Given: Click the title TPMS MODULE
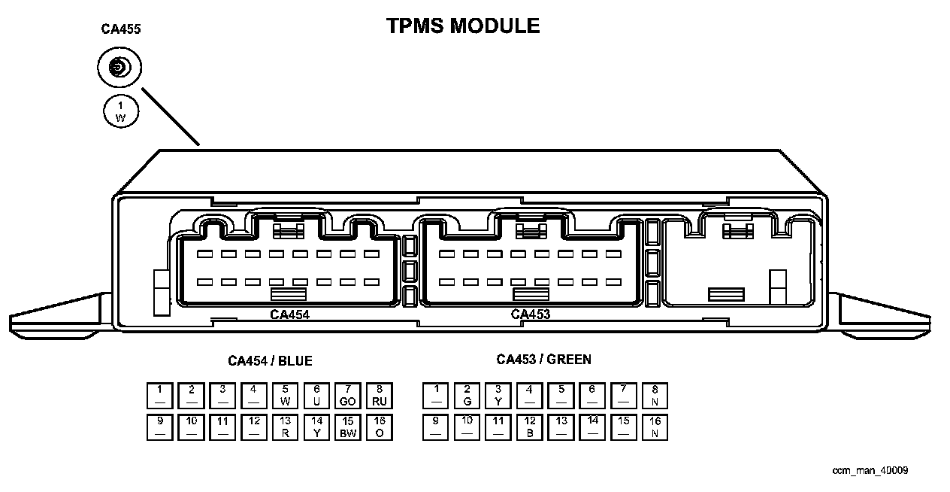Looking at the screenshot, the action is [463, 26].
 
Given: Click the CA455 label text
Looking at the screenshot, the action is [121, 30].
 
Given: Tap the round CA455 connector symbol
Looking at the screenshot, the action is [120, 69].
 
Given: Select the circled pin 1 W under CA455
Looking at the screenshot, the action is [121, 111].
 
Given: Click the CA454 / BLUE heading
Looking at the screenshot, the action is [270, 361].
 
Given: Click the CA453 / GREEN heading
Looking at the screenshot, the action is [543, 360].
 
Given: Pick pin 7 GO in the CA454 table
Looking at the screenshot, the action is [348, 396].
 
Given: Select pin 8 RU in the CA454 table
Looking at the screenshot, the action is [380, 396].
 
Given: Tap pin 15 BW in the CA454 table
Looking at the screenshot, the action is [348, 427].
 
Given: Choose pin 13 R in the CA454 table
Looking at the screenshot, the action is [285, 427].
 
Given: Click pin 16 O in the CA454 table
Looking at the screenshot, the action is [380, 427].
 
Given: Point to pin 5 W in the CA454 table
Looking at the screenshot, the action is [285, 396].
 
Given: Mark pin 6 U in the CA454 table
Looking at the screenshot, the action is [316, 396].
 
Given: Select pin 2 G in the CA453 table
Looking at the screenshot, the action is [467, 396].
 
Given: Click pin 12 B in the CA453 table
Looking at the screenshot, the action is [530, 427].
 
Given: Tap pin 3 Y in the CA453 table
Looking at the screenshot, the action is [498, 396].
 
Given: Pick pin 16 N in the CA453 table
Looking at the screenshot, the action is [655, 427].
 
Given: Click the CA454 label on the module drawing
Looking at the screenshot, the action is [289, 314].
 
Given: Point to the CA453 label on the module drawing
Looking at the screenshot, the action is [531, 314].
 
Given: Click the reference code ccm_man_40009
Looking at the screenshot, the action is [870, 471].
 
